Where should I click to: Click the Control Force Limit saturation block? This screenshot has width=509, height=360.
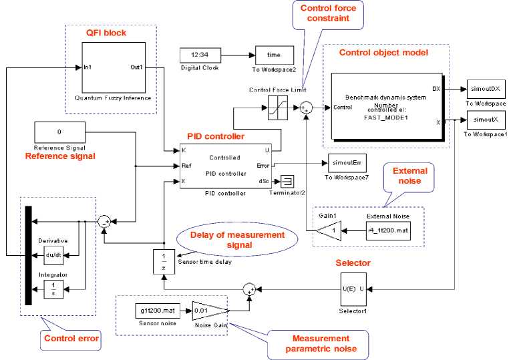[x=278, y=107]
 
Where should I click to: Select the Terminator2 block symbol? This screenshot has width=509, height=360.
[x=287, y=180]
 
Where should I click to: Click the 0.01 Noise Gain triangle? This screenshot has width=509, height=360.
[x=210, y=311]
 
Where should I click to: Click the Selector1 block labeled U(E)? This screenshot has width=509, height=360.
[x=353, y=289]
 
